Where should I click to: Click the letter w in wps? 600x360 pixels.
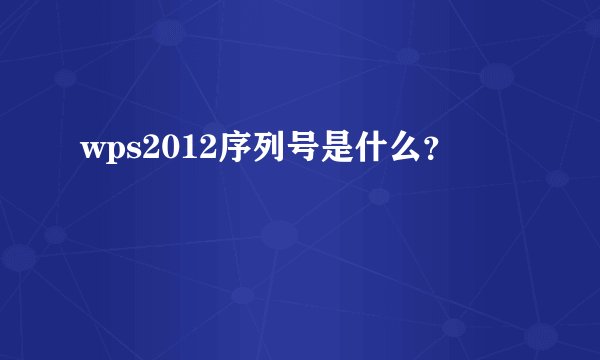coord(90,151)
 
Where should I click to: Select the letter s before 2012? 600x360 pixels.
coord(126,151)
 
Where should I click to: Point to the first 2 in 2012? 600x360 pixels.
coord(142,149)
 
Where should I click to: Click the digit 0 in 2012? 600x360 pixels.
coord(159,149)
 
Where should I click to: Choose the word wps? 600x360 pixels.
coord(107,151)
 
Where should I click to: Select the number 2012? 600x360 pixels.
coord(167,149)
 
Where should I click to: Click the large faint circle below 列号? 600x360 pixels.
coord(279,236)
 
